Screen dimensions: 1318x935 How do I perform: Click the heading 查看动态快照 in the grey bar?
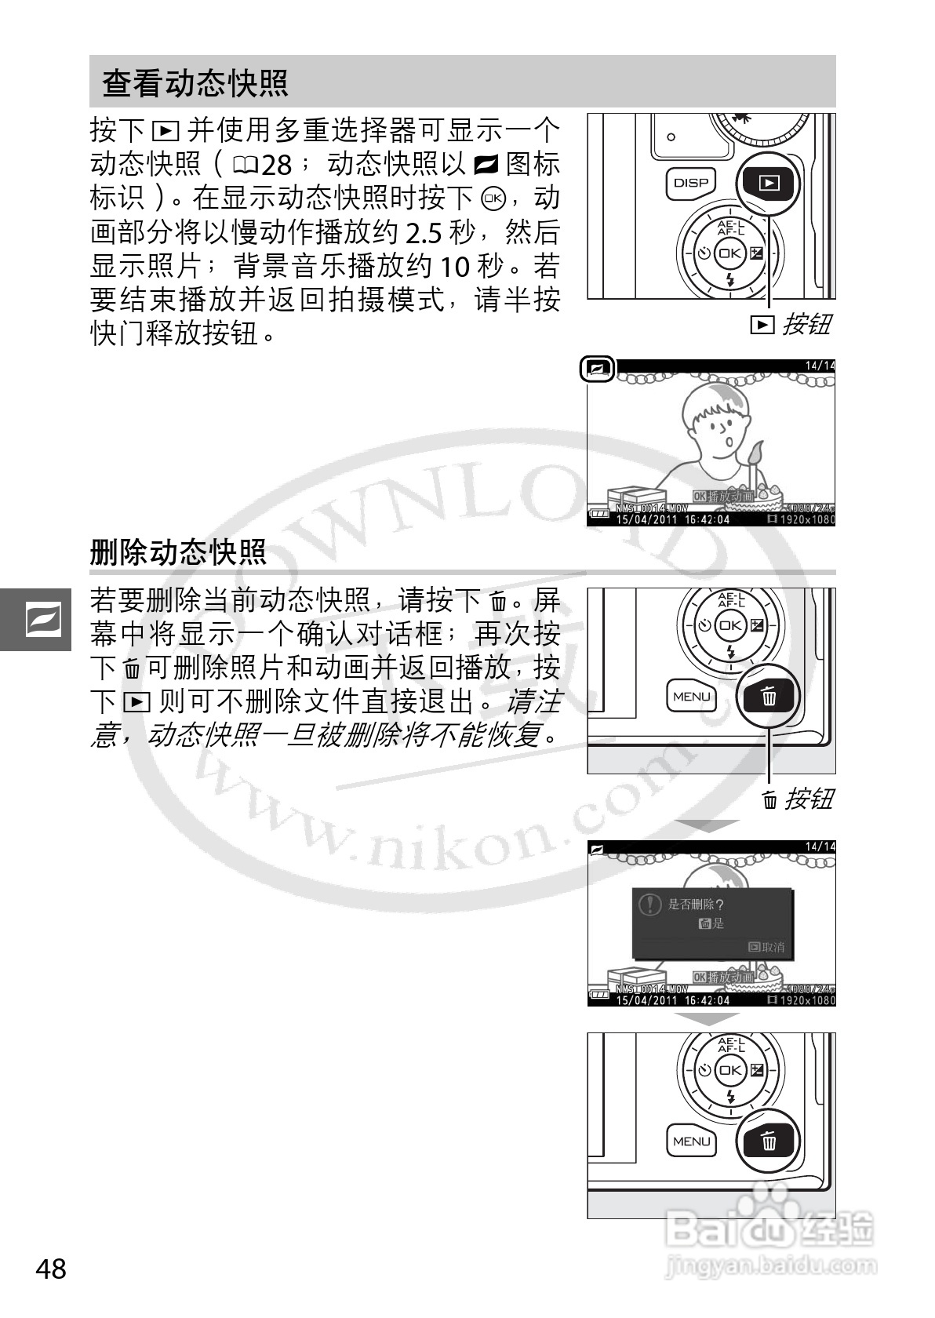tap(195, 82)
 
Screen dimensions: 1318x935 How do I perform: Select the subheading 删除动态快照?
tap(178, 552)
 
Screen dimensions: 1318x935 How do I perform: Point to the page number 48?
tap(51, 1269)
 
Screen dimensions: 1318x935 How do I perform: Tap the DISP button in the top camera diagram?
tap(690, 183)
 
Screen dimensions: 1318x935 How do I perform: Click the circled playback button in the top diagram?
tap(769, 184)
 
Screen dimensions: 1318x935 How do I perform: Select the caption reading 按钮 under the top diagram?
tap(806, 324)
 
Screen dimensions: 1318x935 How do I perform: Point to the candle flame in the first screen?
tap(756, 454)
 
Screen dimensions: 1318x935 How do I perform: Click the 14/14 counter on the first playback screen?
tap(820, 366)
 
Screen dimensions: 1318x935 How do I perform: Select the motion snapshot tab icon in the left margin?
tap(35, 620)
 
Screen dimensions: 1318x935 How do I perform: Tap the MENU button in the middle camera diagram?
tap(691, 697)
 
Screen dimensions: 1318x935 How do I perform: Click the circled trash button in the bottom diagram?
tap(769, 1141)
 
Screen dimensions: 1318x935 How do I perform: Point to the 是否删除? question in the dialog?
tap(695, 905)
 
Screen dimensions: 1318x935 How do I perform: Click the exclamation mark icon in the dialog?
tap(650, 905)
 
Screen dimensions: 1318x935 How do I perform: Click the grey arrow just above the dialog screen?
tap(710, 825)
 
